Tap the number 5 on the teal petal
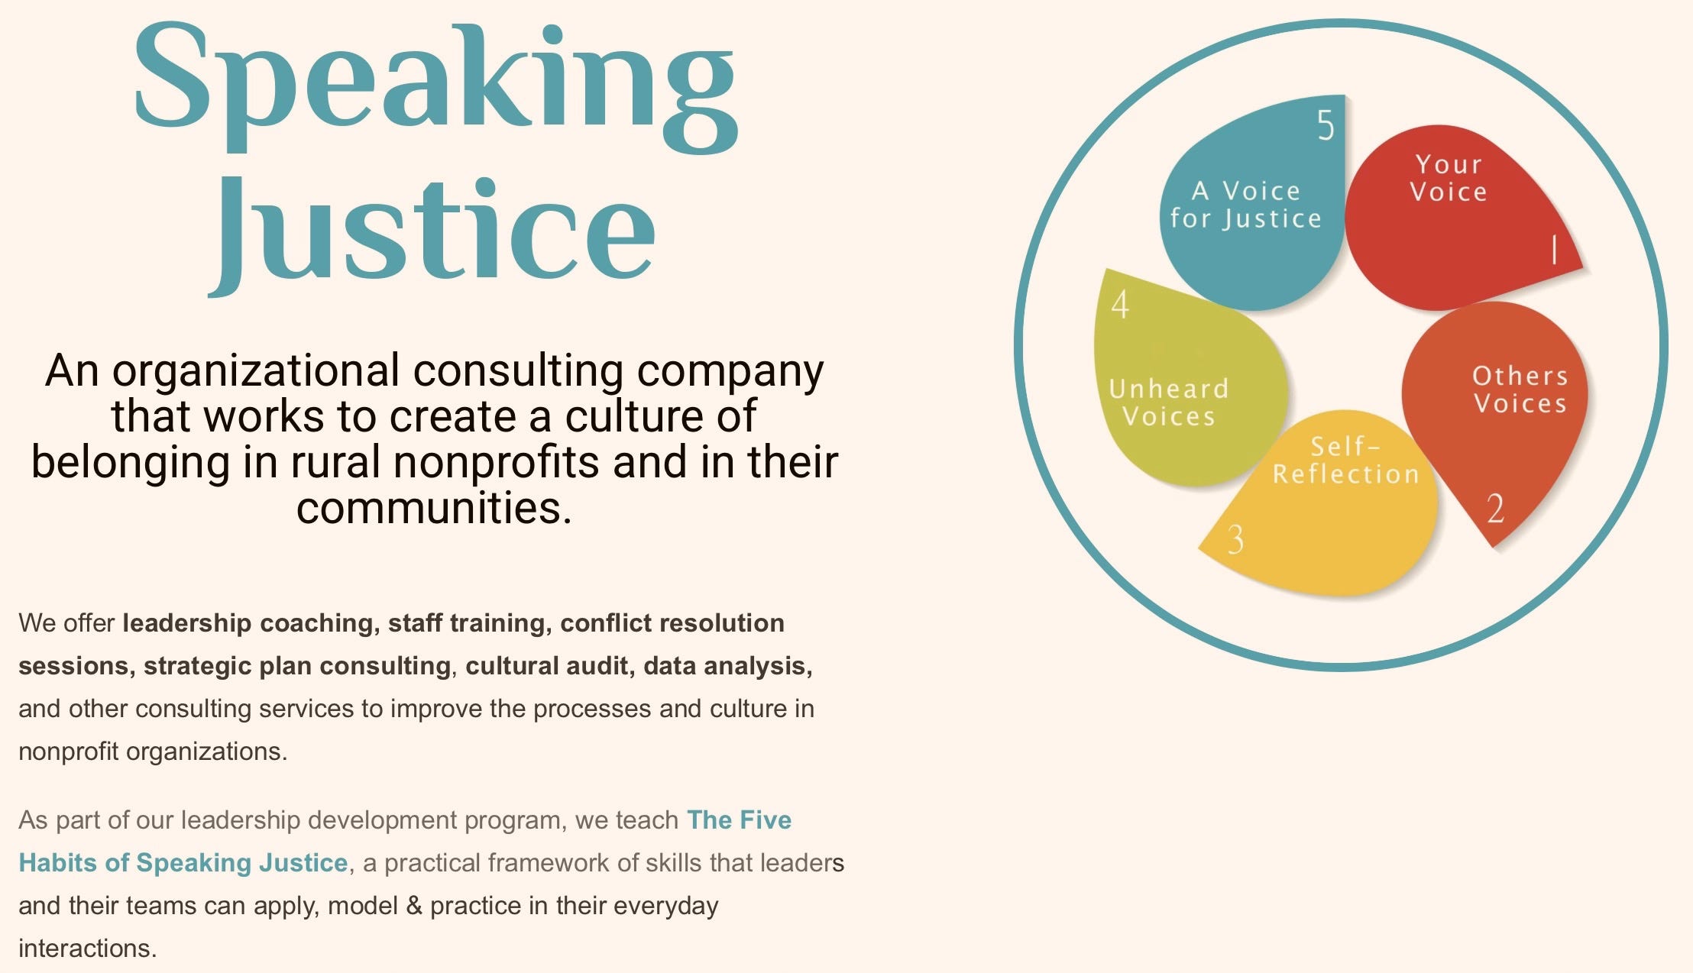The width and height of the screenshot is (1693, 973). (x=1326, y=125)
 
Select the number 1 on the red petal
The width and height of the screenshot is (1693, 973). (x=1553, y=250)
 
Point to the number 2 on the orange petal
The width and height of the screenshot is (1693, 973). (x=1495, y=509)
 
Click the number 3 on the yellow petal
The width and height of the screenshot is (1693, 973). (x=1235, y=539)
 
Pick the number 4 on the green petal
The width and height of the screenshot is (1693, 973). (x=1120, y=305)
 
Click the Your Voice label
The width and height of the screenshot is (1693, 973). (x=1449, y=178)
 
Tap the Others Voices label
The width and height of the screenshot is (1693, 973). (x=1520, y=390)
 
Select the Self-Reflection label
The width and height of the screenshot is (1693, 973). (x=1345, y=460)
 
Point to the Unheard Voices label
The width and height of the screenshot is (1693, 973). (x=1169, y=402)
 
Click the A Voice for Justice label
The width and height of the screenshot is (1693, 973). (x=1245, y=205)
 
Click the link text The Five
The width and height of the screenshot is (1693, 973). (x=739, y=820)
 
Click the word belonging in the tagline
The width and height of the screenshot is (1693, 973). (x=130, y=463)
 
